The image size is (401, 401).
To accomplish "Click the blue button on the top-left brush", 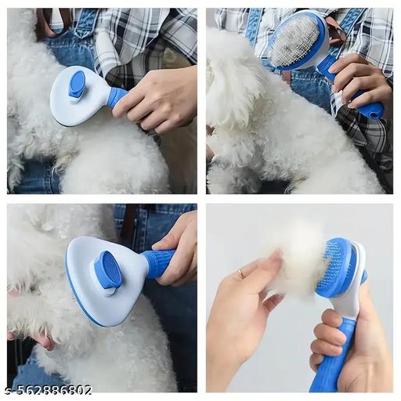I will point(77,84).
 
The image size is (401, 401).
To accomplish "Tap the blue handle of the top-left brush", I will point(117,96).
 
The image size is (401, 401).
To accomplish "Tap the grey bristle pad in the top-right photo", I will point(294,41).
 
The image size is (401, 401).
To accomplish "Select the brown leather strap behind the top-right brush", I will point(337,31).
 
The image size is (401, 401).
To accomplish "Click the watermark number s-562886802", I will point(47,389).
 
